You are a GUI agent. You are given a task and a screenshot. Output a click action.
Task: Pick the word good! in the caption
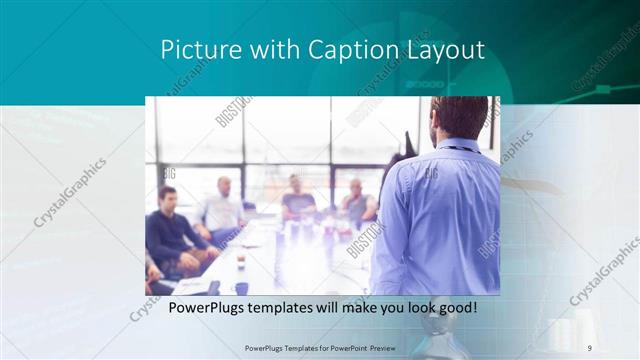point(457,307)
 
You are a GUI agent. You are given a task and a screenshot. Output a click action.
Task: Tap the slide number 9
point(589,347)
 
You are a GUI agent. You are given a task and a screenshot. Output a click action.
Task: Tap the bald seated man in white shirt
point(222,208)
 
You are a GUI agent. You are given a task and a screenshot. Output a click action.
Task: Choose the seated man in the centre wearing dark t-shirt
point(298,200)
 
